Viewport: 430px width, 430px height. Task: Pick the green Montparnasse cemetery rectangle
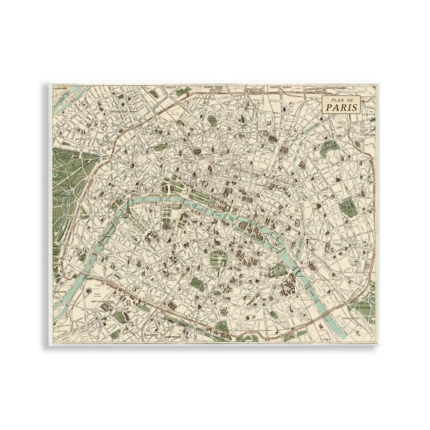196,284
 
